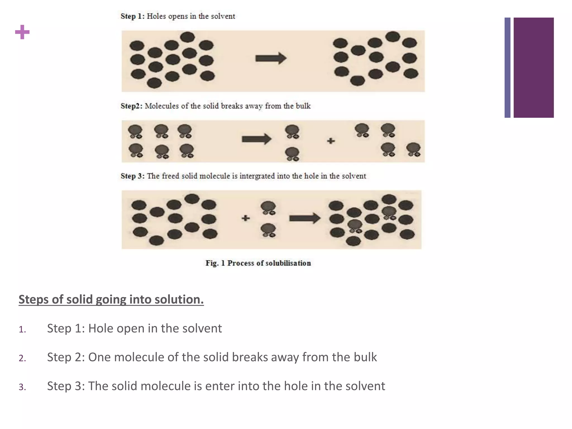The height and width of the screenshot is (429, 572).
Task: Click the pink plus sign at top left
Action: click(x=22, y=32)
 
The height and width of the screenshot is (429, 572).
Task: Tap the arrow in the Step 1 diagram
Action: click(x=271, y=58)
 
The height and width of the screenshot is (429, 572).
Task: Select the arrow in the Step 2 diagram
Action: click(x=256, y=139)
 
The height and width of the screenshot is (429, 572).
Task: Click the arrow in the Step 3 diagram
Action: click(x=304, y=218)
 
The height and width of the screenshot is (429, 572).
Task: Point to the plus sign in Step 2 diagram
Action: click(x=331, y=141)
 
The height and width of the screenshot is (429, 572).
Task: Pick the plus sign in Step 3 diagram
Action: click(x=246, y=218)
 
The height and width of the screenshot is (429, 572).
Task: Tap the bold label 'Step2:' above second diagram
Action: click(x=132, y=106)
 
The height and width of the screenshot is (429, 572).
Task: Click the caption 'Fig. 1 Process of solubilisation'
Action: click(x=258, y=263)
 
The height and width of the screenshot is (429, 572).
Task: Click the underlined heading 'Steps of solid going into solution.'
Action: click(x=111, y=299)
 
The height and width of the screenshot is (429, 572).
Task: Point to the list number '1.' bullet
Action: click(x=22, y=330)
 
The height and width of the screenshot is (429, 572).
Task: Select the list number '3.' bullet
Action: click(x=22, y=387)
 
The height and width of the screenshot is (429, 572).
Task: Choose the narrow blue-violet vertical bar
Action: click(x=507, y=68)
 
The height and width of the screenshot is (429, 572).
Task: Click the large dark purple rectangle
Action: click(x=533, y=68)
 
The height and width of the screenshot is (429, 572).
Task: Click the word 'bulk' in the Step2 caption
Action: click(x=303, y=106)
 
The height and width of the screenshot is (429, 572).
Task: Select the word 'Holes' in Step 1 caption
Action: click(x=156, y=16)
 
